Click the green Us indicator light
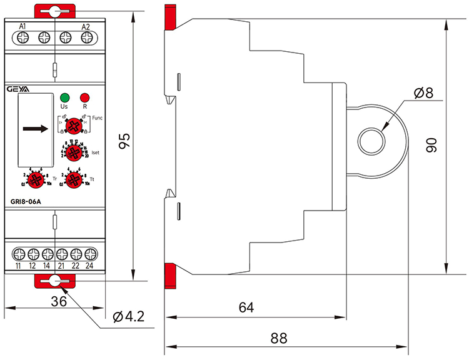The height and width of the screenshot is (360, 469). pos(64,98)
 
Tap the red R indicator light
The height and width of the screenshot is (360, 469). pos(84,98)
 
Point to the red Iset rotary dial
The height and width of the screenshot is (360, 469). pos(74,152)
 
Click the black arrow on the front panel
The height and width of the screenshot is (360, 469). pos(35,129)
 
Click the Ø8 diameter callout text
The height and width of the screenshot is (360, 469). pos(423,94)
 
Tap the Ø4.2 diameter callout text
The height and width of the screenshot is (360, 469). pos(128,317)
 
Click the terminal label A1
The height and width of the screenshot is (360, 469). pos(23,26)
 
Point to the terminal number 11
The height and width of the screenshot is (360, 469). pos(18,266)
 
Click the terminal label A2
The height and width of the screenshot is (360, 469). pos(86,26)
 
